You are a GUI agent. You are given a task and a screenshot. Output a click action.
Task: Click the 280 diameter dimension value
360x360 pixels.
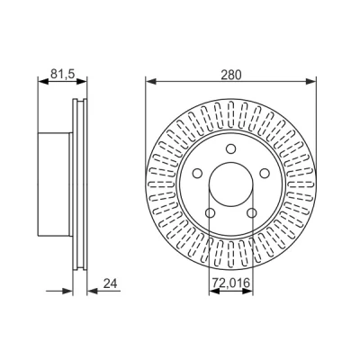pyautogui.click(x=231, y=75)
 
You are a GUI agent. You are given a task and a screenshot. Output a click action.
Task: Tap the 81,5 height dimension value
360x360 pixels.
pyautogui.click(x=62, y=74)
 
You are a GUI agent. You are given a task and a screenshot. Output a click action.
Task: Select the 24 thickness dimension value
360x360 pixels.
pyautogui.click(x=110, y=283)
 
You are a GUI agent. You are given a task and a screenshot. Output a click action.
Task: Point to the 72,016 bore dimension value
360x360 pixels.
pyautogui.click(x=231, y=283)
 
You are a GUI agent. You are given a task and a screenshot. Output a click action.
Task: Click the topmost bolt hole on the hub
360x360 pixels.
pyautogui.click(x=230, y=148)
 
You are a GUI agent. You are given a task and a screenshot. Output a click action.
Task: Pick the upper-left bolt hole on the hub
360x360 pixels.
pyautogui.click(x=197, y=173)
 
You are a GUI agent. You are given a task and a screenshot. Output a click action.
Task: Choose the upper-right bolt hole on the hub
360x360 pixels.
pyautogui.click(x=265, y=173)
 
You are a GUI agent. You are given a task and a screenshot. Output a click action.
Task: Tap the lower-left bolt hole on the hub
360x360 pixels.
pyautogui.click(x=210, y=212)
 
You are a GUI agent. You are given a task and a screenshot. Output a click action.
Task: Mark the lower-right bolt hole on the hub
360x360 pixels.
pyautogui.click(x=252, y=212)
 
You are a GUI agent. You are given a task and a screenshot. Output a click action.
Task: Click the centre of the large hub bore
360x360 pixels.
pyautogui.click(x=230, y=184)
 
